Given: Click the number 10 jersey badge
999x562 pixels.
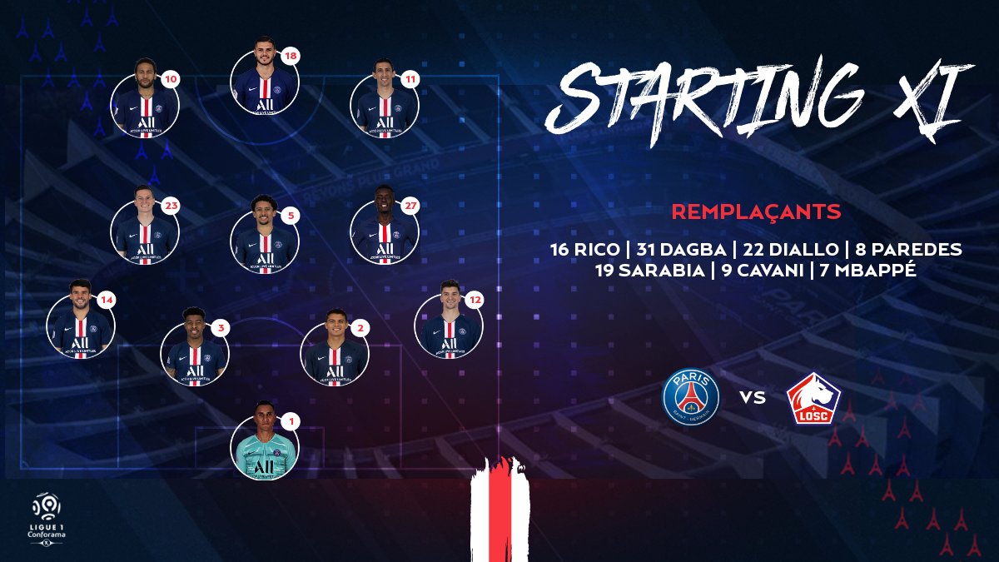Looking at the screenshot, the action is click(170, 80).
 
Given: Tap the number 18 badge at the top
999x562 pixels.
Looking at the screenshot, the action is click(290, 57).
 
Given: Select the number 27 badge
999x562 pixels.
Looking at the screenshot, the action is click(410, 206).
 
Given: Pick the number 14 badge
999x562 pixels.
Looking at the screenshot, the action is click(107, 301).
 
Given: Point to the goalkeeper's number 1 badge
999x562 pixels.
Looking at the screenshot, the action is click(291, 421).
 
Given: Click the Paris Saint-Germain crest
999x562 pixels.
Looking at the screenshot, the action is click(691, 396).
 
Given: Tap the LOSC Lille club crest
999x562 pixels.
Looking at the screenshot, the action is click(813, 398).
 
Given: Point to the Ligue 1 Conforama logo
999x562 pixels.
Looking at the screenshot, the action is click(47, 520).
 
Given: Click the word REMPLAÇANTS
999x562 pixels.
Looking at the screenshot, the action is click(757, 211).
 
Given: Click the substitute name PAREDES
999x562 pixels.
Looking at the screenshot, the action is click(917, 249).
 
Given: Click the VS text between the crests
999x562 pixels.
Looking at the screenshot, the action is click(753, 397).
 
